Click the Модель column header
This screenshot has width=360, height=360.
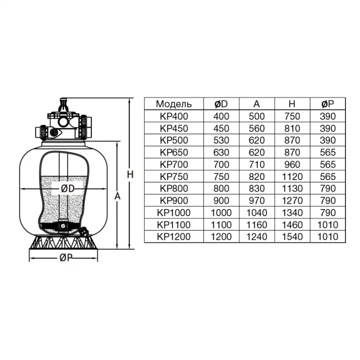coord(174,104)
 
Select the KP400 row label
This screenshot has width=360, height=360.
coord(174,116)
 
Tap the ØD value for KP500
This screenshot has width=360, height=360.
coord(221,140)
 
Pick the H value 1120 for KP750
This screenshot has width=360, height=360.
coord(292,176)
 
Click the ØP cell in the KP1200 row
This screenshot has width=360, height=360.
coord(328,237)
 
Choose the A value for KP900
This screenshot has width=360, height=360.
coord(257,201)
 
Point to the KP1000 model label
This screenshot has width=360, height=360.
coord(174,213)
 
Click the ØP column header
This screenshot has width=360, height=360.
coord(328,104)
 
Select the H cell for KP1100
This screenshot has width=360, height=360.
coord(292,225)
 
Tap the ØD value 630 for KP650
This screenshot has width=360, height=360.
coord(221,152)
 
